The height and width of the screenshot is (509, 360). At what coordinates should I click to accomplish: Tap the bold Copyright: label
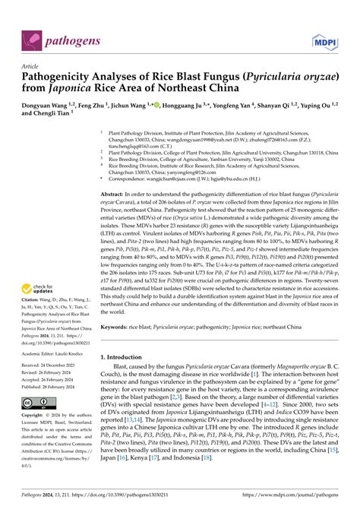(37, 416)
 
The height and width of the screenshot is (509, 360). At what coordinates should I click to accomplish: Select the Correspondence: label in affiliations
(131, 179)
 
